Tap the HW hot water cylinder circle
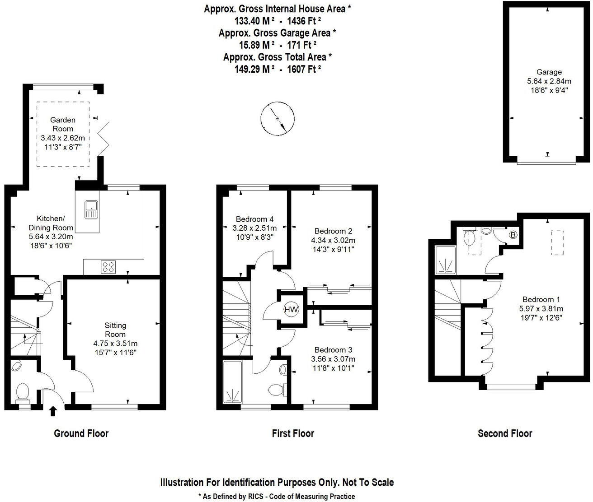[x=291, y=310]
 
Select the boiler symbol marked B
[x=513, y=235]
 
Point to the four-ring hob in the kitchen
[x=108, y=267]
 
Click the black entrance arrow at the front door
[x=53, y=411]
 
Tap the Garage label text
[x=549, y=72]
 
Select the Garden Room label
[x=62, y=124]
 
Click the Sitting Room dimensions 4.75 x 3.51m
[x=115, y=343]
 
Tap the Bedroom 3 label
[x=333, y=350]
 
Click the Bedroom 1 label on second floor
[x=541, y=299]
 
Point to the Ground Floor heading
[x=81, y=433]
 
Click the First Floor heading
[x=293, y=433]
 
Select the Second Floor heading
[x=505, y=433]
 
